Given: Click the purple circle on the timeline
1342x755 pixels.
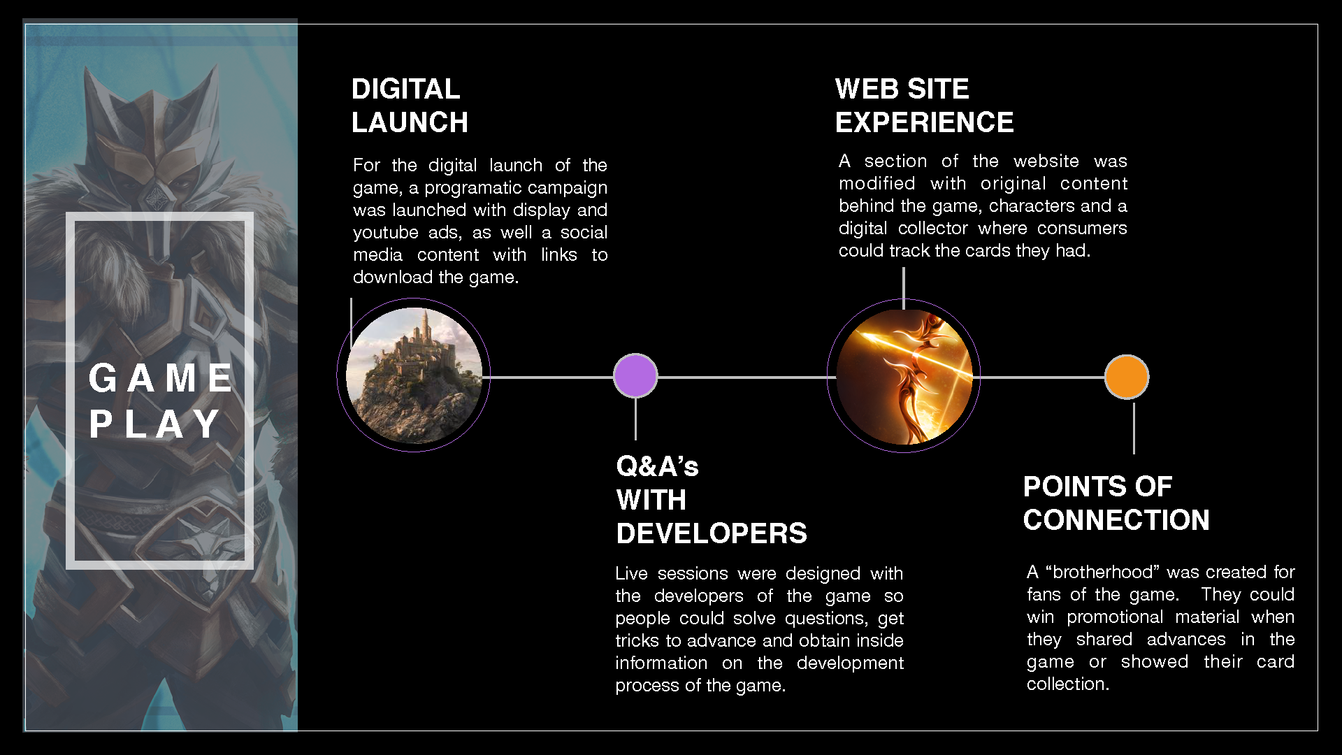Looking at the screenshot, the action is (x=635, y=376).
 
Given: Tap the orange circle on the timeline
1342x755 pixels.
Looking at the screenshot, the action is (x=1127, y=377).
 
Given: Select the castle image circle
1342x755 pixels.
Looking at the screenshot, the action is (x=414, y=375).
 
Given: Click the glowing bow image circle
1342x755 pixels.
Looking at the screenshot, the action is (x=904, y=376).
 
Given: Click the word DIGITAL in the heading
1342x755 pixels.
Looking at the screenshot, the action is (x=405, y=89).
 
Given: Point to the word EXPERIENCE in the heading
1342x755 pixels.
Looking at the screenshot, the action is (x=924, y=123).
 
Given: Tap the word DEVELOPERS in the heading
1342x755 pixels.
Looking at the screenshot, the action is (x=712, y=534).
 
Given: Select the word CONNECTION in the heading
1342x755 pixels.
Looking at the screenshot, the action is (x=1116, y=520).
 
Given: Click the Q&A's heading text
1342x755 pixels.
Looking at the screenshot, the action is (x=657, y=466).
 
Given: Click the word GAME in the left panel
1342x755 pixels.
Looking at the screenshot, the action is (x=161, y=379).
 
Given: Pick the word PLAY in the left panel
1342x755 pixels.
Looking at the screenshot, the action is (x=154, y=424).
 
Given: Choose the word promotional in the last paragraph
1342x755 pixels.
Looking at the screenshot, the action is (x=1115, y=617).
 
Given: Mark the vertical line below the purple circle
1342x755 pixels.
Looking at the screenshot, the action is (x=635, y=419).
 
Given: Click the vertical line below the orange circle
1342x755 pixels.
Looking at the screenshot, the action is (x=1134, y=428).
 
